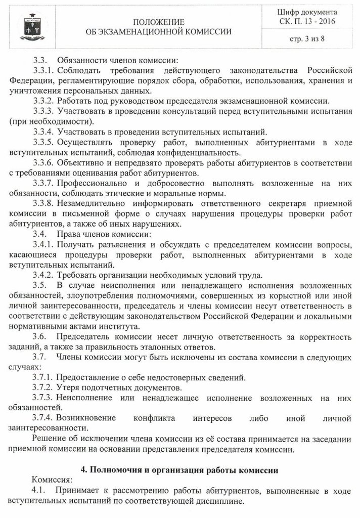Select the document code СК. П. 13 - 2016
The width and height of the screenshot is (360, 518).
tap(307, 21)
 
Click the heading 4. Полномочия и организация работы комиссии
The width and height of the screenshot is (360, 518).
tap(179, 469)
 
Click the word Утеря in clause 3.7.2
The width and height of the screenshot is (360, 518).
tap(68, 387)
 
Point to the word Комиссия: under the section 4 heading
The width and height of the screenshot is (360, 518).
tap(51, 480)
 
